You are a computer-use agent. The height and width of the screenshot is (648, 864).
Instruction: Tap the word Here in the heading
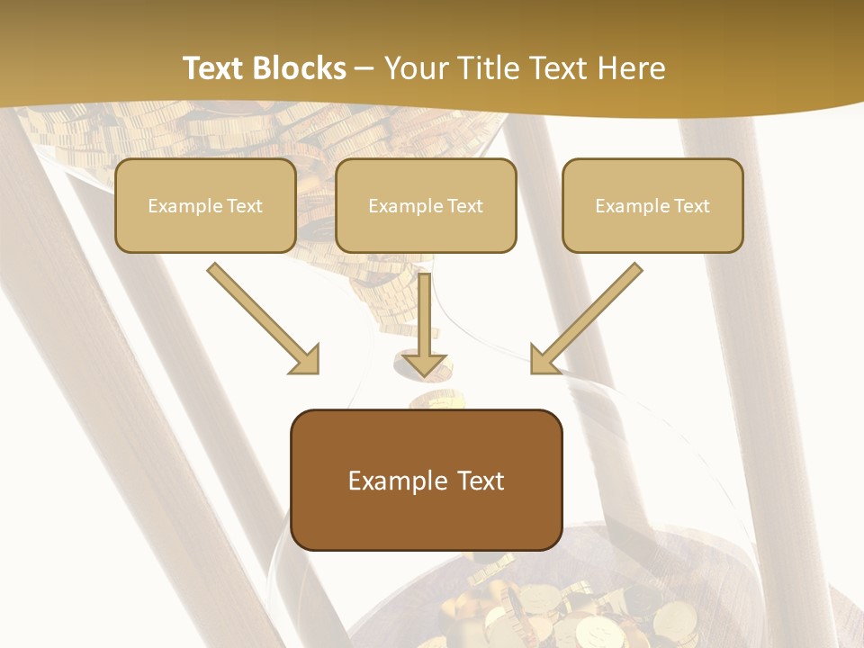click(x=629, y=68)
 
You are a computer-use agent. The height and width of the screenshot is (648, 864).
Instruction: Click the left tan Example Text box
click(x=205, y=205)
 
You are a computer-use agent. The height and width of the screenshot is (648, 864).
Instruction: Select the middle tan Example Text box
click(x=426, y=205)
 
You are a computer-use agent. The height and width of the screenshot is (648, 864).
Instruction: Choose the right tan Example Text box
click(x=652, y=205)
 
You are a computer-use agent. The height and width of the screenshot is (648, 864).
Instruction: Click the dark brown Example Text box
click(x=426, y=480)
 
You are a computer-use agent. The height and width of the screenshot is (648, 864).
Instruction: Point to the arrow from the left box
click(x=261, y=315)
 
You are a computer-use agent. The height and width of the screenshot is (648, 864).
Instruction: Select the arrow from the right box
click(x=589, y=315)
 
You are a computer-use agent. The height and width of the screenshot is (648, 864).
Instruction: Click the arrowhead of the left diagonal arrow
click(x=306, y=359)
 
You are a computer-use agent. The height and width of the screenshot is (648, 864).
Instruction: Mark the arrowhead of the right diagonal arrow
click(x=544, y=359)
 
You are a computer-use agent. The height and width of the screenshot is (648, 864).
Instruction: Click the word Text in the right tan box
click(x=691, y=206)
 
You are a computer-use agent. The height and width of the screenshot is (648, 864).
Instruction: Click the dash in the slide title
click(x=364, y=68)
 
